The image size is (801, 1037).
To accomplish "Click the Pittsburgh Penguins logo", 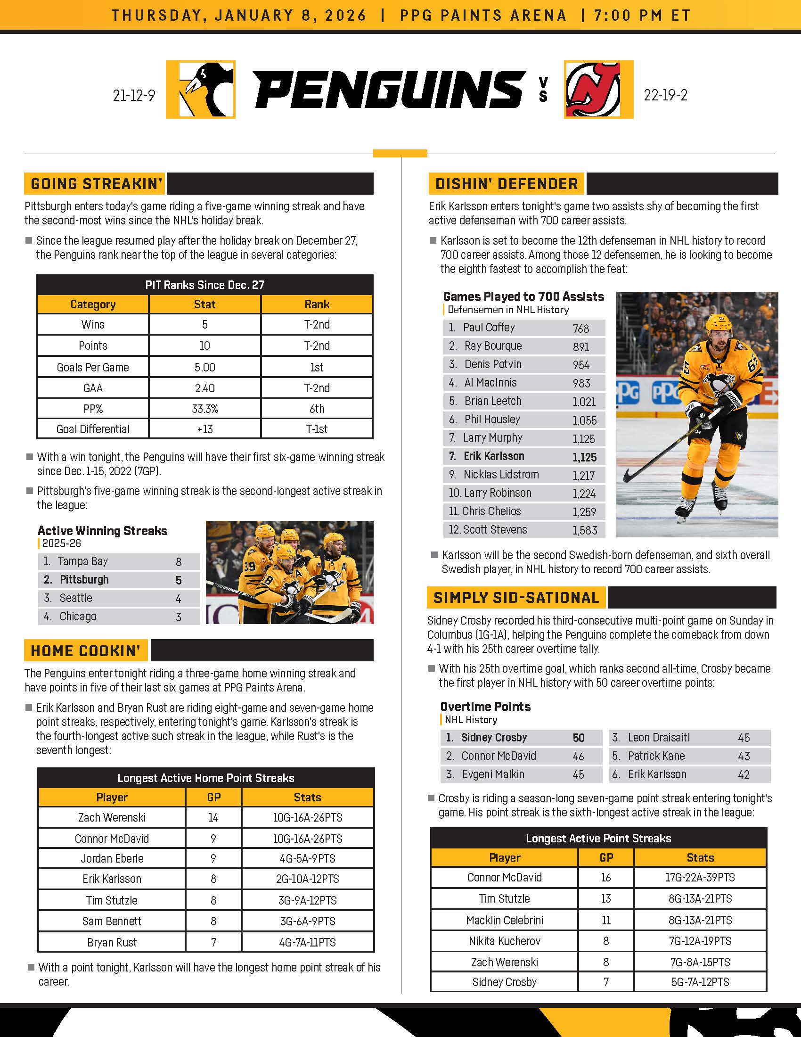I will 201,89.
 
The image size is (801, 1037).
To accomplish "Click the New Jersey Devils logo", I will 598,89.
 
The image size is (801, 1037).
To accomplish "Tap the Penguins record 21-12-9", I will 134,95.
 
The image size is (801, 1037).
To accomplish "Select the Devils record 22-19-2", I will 665,95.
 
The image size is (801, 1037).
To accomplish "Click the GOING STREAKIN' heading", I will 96,184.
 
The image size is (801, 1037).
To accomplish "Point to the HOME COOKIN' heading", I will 86,650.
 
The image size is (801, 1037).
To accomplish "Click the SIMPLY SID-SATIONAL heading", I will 516,597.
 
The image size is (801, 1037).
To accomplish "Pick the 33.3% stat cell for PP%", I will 204,409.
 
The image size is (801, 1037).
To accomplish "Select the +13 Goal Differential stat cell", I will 204,429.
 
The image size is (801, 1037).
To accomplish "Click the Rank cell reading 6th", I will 317,409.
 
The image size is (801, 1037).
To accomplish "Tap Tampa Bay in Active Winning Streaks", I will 82,561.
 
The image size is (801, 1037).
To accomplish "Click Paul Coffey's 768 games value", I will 581,328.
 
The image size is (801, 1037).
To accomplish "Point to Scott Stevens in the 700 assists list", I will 494,529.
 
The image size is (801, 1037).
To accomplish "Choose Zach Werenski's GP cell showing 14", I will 213,817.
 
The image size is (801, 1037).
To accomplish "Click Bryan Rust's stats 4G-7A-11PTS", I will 308,942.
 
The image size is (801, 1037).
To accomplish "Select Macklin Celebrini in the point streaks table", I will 505,920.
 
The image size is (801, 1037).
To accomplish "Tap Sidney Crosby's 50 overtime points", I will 579,737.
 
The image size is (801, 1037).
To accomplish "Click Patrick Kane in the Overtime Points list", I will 656,756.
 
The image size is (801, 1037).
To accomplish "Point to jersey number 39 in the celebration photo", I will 250,566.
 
